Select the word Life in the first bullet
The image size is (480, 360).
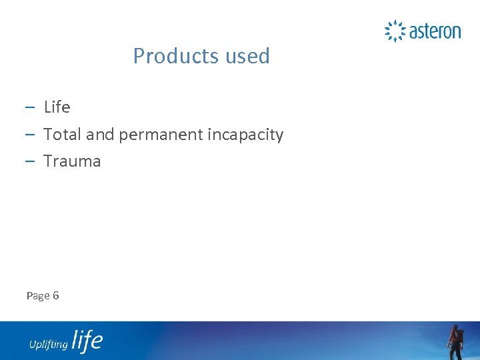[57, 107]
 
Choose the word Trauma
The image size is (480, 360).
[72, 161]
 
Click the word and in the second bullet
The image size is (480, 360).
[100, 135]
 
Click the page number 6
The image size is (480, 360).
[55, 295]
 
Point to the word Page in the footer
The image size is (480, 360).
[37, 296]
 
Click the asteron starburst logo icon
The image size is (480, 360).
[395, 31]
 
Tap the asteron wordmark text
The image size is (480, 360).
[435, 31]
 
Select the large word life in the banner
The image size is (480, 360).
[87, 341]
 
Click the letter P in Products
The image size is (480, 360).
[139, 56]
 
